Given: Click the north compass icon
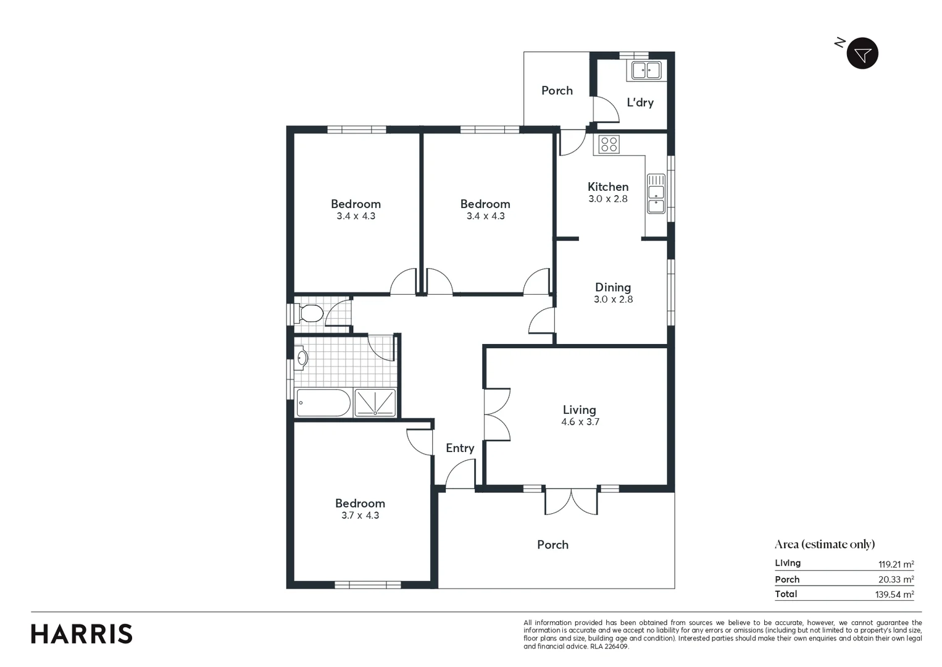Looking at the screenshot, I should [862, 54].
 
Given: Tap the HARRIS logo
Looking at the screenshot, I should [81, 634].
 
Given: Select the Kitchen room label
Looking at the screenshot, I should [608, 187].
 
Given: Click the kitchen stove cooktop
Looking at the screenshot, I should [609, 145].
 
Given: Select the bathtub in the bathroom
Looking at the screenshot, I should [323, 403].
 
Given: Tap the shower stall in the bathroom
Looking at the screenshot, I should [375, 403].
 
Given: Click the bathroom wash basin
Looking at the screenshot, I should [301, 358].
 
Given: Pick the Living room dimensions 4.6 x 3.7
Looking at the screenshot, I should [580, 422].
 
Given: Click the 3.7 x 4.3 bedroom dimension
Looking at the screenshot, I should [360, 516].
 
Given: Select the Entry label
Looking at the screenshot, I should [460, 448].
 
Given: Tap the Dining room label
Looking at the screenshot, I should [613, 287].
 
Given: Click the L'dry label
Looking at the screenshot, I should [640, 103].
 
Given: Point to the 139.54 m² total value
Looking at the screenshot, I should [895, 595].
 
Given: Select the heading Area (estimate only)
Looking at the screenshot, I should [825, 544].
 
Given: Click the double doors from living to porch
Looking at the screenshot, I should [571, 501].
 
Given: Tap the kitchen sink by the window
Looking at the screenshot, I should [656, 193].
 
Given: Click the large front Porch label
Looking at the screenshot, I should [552, 545].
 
